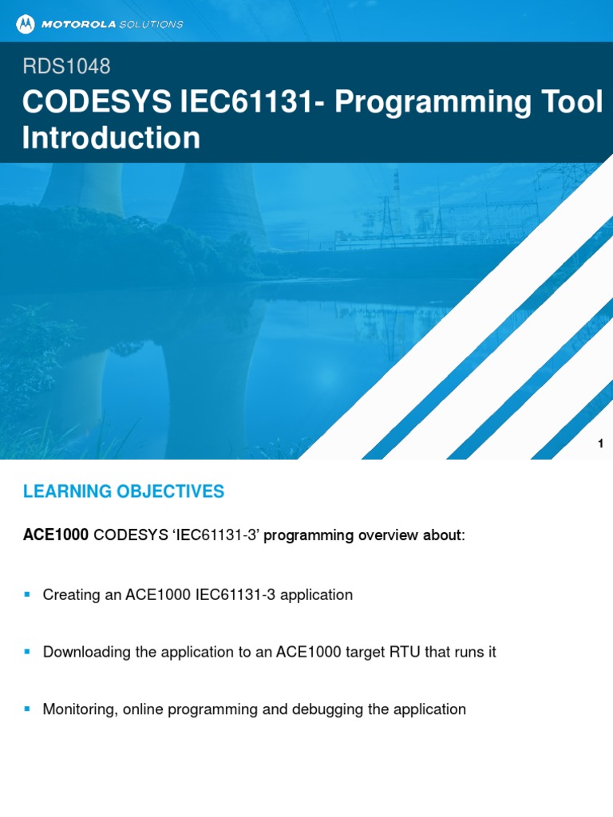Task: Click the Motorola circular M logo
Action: [26, 24]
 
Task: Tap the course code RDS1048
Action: [66, 67]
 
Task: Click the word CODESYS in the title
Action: [97, 102]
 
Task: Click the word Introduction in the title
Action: [111, 138]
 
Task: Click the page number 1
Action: [600, 444]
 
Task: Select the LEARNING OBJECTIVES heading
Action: [124, 491]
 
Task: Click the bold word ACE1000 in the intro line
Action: [55, 535]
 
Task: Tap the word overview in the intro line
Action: [386, 535]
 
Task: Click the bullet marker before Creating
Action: [27, 594]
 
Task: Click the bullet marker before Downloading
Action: [27, 651]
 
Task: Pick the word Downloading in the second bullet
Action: [87, 653]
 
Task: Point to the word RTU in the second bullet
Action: [405, 653]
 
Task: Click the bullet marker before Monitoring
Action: [27, 708]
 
